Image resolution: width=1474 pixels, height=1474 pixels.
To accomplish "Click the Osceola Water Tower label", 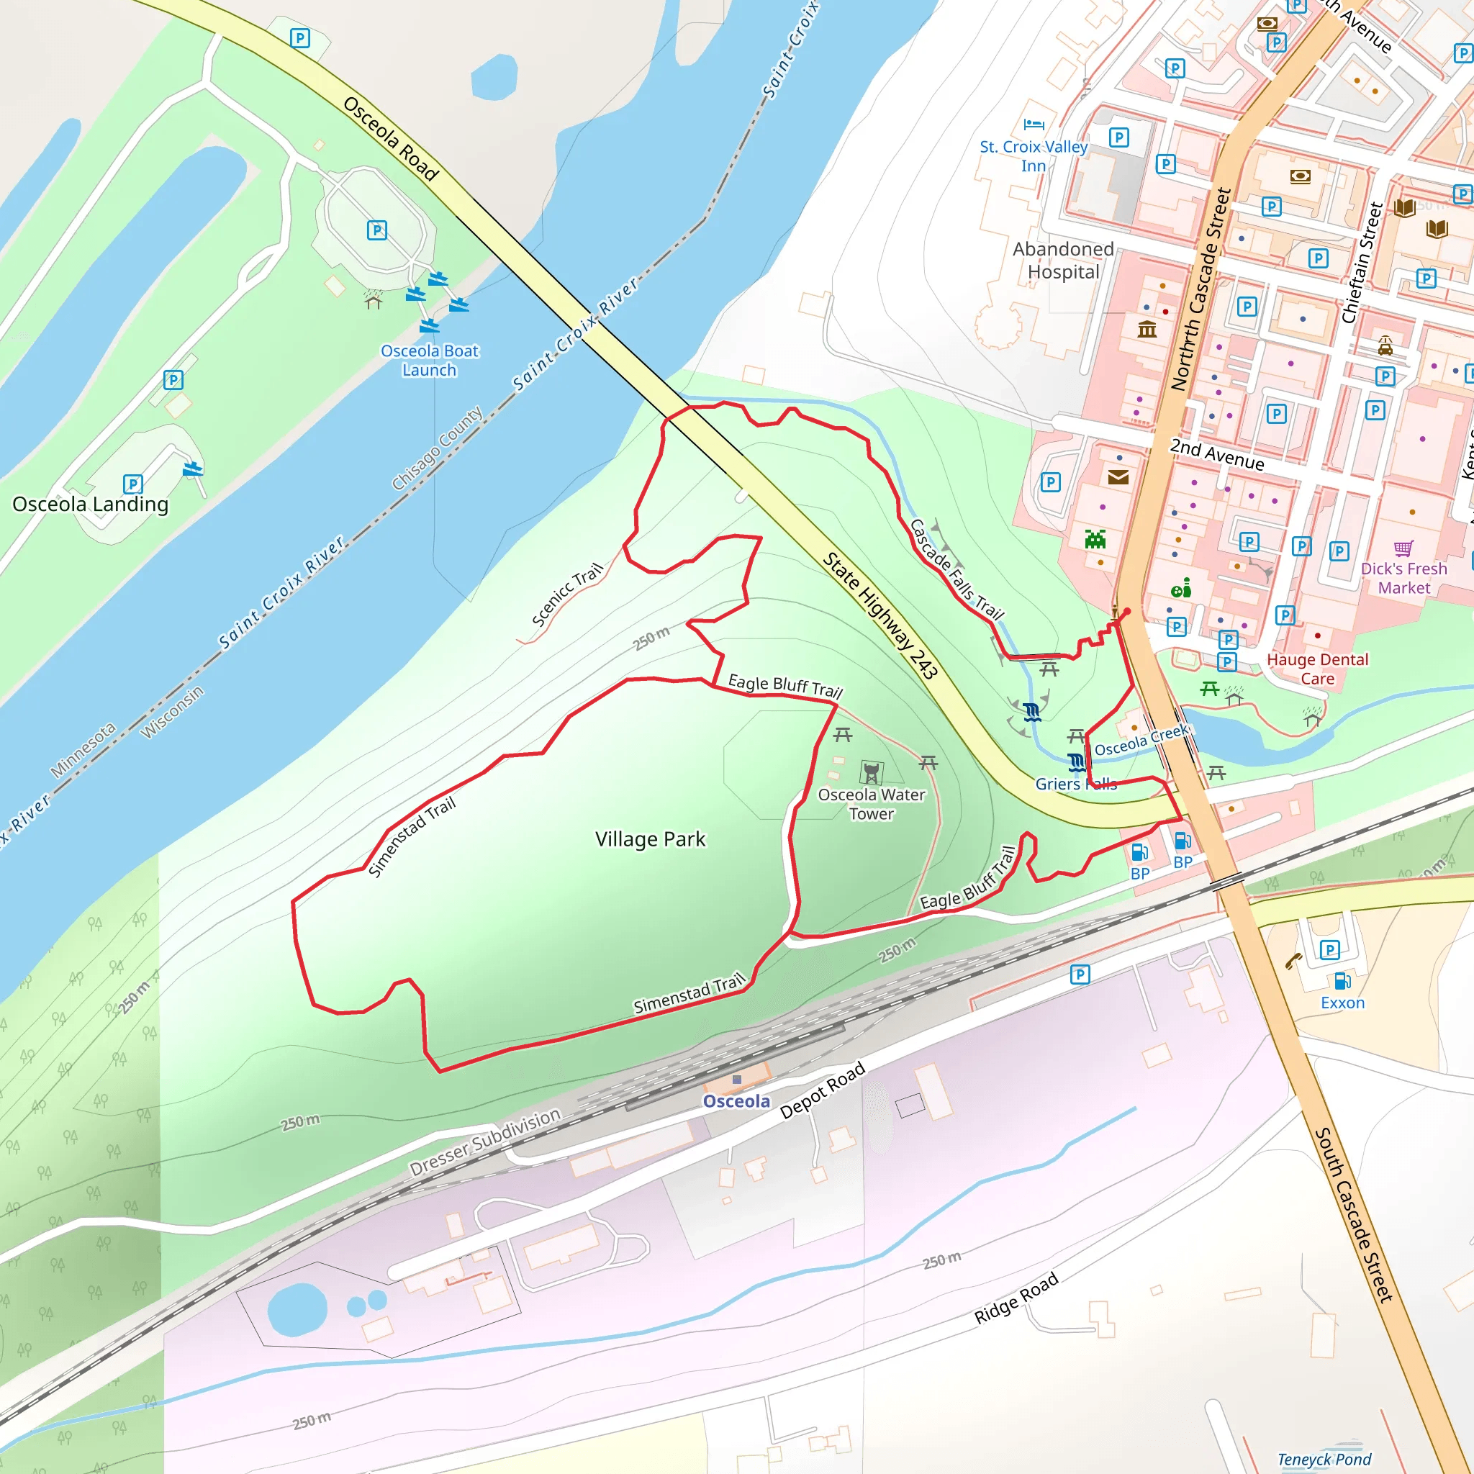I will [x=872, y=804].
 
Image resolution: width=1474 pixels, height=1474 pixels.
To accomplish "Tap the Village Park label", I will [x=650, y=839].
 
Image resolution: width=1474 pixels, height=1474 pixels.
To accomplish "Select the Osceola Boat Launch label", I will [x=430, y=360].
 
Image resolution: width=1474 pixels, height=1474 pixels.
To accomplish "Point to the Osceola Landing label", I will [x=90, y=505].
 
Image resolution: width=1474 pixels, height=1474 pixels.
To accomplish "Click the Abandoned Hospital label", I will [x=1064, y=260].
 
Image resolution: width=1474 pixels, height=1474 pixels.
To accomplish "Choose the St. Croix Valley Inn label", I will [x=1034, y=155].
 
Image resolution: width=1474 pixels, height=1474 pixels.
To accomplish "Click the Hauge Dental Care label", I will [x=1318, y=669].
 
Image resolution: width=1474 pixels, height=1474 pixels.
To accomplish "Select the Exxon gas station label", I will [x=1343, y=1003].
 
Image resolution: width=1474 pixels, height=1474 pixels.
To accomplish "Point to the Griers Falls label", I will [x=1076, y=784].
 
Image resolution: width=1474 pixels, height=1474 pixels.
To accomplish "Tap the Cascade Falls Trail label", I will [x=957, y=569].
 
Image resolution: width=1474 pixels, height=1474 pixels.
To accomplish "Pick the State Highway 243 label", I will [x=880, y=615].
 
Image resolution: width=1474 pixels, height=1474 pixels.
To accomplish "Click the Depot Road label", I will [x=823, y=1090].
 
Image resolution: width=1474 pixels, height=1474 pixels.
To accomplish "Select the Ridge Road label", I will [x=1016, y=1298].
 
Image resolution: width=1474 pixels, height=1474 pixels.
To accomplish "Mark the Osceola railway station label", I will [x=736, y=1101].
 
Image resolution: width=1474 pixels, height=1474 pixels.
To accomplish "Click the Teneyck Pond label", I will [x=1324, y=1459].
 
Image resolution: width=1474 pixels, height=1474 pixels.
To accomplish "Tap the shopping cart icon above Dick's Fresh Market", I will [x=1403, y=548].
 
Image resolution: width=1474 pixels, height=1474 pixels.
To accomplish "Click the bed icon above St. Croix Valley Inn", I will [x=1034, y=124].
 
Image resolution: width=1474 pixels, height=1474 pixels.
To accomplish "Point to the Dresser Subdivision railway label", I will [x=485, y=1142].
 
